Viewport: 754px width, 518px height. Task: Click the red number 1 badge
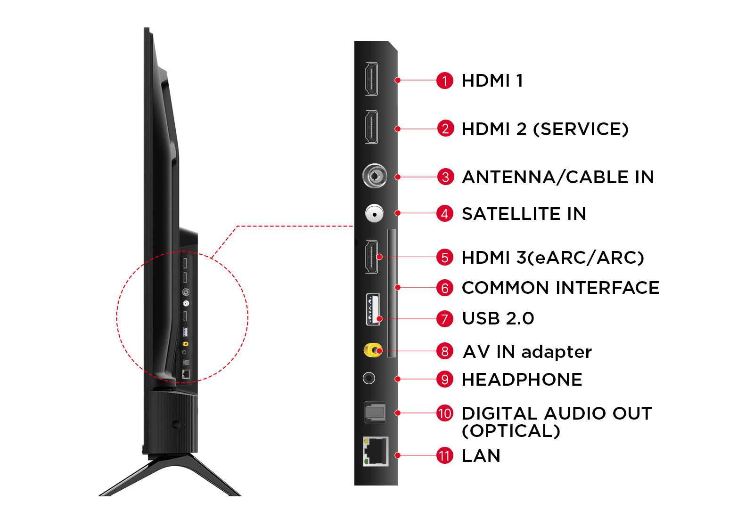(x=445, y=81)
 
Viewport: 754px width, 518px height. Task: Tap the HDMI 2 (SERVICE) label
(x=545, y=129)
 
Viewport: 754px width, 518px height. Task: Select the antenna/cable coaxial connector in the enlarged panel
(x=375, y=176)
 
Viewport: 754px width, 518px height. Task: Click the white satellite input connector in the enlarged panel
(x=374, y=214)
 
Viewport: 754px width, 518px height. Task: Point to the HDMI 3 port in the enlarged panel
(x=372, y=257)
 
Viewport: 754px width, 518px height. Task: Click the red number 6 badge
(x=445, y=288)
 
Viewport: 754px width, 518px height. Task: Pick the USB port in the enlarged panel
(x=373, y=309)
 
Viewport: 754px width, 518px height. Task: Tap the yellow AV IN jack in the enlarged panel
(x=373, y=350)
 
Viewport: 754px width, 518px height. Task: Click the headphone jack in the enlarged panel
(x=369, y=379)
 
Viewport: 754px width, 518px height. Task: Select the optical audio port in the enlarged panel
(x=375, y=413)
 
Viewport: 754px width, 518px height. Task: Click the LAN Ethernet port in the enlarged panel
(x=376, y=452)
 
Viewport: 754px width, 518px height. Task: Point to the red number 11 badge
(x=445, y=456)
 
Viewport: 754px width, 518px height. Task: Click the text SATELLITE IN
(x=524, y=214)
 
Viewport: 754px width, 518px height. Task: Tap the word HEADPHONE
(x=522, y=380)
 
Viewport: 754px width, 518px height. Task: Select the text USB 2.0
(x=498, y=318)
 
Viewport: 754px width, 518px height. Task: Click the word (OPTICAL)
(x=511, y=431)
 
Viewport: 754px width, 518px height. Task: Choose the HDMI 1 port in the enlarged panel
(x=372, y=79)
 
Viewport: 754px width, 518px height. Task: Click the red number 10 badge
(x=445, y=413)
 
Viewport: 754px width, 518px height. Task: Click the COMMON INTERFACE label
(x=560, y=288)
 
